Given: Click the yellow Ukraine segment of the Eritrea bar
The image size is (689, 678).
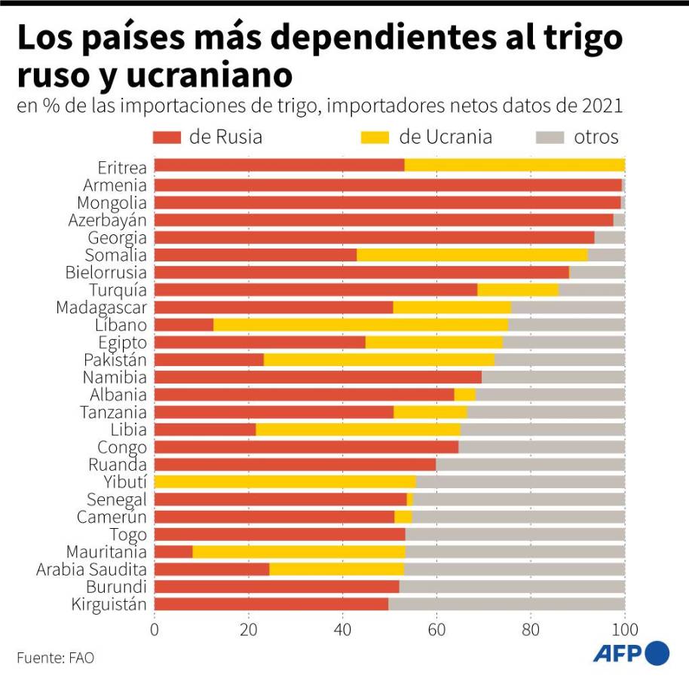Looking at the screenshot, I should point(514,166).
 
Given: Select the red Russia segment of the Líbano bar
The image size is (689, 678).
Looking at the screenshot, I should point(184,325).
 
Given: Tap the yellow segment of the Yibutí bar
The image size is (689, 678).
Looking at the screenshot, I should point(285,482).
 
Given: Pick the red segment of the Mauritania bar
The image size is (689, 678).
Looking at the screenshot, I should point(173,552).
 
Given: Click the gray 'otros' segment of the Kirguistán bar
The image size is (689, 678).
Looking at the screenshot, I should point(507,604).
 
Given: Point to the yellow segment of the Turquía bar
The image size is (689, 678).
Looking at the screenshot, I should point(518,290).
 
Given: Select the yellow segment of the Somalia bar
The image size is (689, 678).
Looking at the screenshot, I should point(472,255).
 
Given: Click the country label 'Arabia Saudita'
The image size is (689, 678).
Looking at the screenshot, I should point(91,570).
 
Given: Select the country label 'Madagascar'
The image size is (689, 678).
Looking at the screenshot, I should point(101,307).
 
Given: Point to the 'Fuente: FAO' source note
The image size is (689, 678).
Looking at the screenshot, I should point(56,658).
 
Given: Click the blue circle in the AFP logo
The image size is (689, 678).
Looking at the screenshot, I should point(657,652).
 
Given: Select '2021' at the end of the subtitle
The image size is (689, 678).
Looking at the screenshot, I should point(602,106).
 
